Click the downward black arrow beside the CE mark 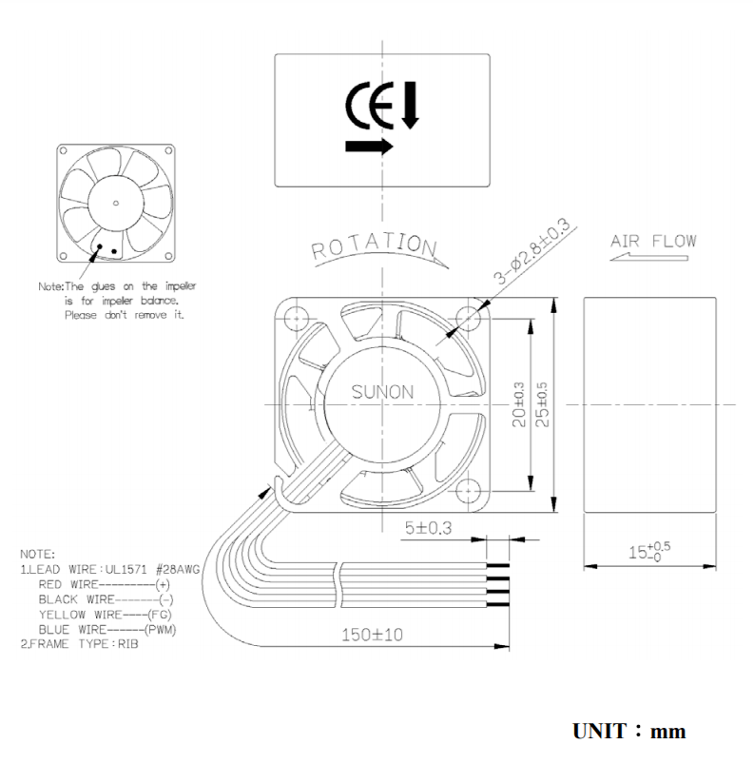(x=410, y=106)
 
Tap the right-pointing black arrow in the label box (x=370, y=147)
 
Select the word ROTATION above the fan (x=373, y=244)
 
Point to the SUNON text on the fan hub (x=382, y=392)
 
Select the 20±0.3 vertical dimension (x=518, y=404)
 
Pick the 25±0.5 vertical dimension (x=540, y=404)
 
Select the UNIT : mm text (x=628, y=732)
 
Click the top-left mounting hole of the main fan (x=293, y=316)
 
